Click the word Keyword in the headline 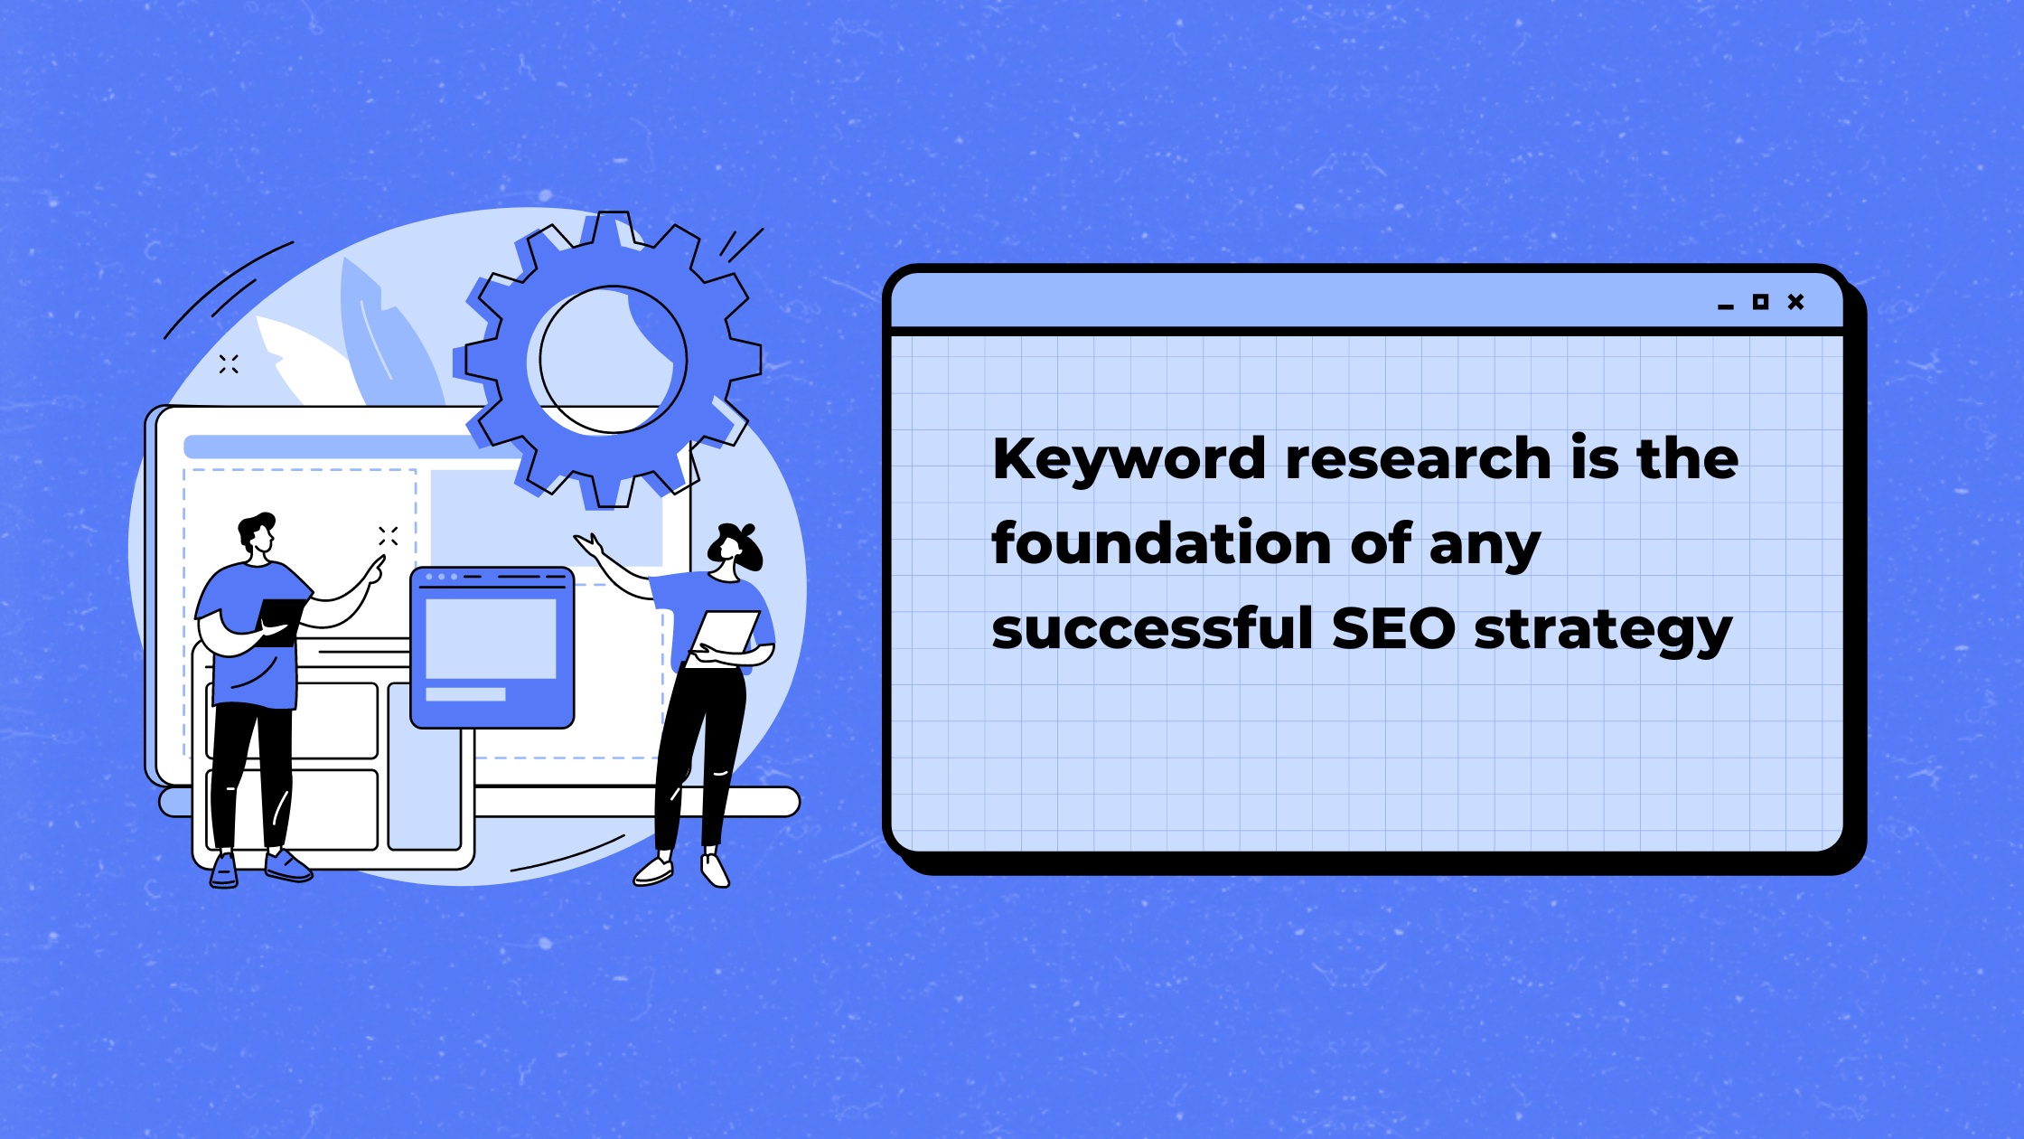click(1129, 460)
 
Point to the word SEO click(1393, 628)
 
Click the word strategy click(1603, 631)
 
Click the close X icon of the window click(1795, 302)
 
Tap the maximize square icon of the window click(1760, 302)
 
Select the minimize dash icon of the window click(1726, 307)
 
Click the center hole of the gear click(613, 360)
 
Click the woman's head click(735, 548)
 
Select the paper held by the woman click(723, 636)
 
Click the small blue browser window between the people click(492, 647)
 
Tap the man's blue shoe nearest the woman click(287, 865)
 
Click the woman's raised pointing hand click(589, 546)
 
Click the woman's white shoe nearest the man click(653, 871)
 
